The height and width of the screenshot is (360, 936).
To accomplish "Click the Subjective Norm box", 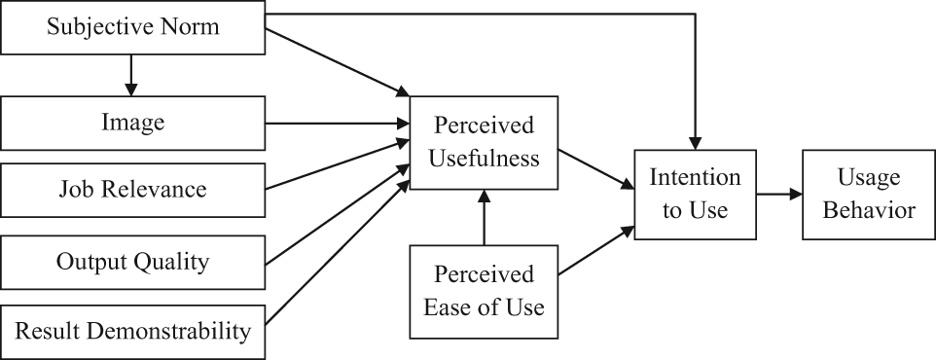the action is (132, 27).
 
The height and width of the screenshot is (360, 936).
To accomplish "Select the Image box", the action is (132, 123).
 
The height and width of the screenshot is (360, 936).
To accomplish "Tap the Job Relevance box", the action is (132, 190).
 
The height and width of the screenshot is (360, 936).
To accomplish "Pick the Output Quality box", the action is (132, 262).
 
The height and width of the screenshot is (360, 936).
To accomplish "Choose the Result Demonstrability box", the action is (132, 332).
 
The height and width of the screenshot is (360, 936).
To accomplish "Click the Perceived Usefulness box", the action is (484, 143).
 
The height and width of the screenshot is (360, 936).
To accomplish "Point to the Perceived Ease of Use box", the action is (484, 292).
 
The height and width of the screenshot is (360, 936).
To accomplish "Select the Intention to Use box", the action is (695, 195).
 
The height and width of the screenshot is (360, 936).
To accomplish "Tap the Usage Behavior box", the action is (869, 195).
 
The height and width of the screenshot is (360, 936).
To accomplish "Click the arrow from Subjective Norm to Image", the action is (130, 75).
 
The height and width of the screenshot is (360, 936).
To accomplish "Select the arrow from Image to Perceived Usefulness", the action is (338, 124).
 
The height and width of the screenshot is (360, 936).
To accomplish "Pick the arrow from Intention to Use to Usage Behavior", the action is (779, 194).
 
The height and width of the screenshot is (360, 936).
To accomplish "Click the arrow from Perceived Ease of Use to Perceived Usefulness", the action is (485, 217).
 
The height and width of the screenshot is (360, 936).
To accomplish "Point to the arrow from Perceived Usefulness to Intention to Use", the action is (595, 169).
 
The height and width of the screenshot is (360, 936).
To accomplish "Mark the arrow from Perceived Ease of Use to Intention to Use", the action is (595, 251).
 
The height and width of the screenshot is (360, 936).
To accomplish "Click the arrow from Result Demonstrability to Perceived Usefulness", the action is (338, 253).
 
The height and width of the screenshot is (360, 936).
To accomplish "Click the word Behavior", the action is (869, 211).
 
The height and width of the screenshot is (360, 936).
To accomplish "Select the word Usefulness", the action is (485, 159).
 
